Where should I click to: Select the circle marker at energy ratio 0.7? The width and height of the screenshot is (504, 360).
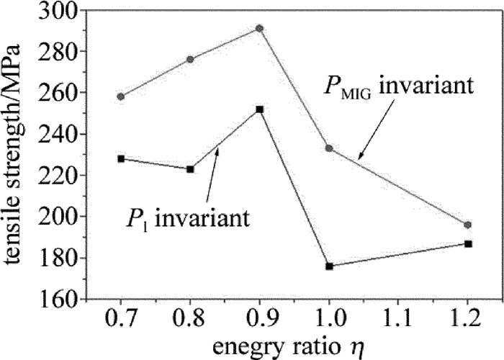point(121,96)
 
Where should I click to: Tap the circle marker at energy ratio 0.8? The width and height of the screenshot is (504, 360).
point(190,59)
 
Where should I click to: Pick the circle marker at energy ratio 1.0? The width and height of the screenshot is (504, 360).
point(329,148)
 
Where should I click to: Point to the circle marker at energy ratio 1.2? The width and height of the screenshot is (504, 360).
point(468,225)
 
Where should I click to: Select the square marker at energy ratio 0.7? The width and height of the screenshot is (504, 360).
point(121,158)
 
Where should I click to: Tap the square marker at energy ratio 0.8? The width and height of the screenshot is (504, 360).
point(190,169)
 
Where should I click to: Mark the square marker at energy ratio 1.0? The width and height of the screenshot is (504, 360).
point(329,266)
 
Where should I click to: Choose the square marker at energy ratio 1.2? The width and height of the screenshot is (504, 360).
point(468,243)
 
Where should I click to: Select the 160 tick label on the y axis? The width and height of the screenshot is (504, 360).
point(62,300)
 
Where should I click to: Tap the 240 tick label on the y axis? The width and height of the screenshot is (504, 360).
point(62,135)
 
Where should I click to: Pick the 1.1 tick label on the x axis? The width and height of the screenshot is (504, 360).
point(398,318)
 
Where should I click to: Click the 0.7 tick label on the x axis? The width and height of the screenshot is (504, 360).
point(121,318)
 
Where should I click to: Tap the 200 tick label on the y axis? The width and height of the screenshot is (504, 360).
point(62,217)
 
